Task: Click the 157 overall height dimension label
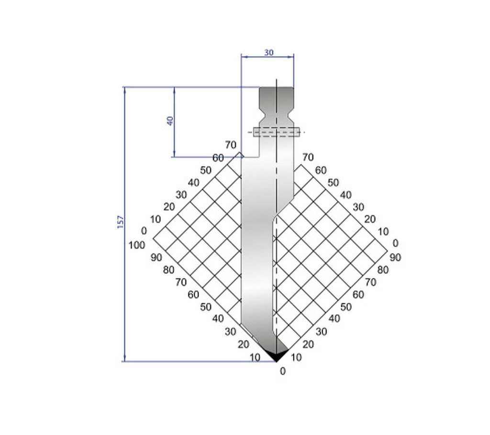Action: point(121,221)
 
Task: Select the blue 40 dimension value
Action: point(170,120)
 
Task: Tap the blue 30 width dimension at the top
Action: point(268,53)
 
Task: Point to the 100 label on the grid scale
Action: point(137,245)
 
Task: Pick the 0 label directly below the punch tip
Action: point(282,370)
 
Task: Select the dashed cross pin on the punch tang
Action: point(277,132)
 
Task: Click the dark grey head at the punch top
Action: point(276,98)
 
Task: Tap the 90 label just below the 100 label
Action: point(156,257)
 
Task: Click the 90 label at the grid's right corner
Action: point(395,257)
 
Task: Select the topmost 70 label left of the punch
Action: point(231,145)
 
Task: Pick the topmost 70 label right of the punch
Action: point(308,157)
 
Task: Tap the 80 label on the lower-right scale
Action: point(382,269)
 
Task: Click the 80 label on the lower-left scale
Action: point(168,270)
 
